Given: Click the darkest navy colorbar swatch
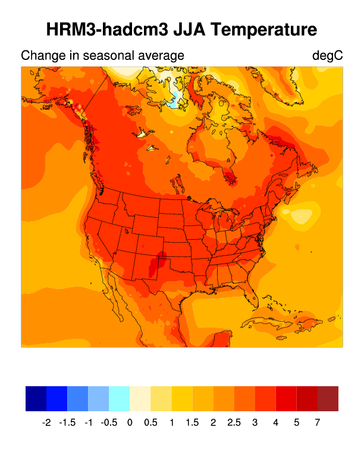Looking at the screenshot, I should tap(36, 398).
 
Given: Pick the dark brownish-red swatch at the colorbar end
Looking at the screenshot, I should tap(328, 398).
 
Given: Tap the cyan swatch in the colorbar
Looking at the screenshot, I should tap(119, 398).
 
